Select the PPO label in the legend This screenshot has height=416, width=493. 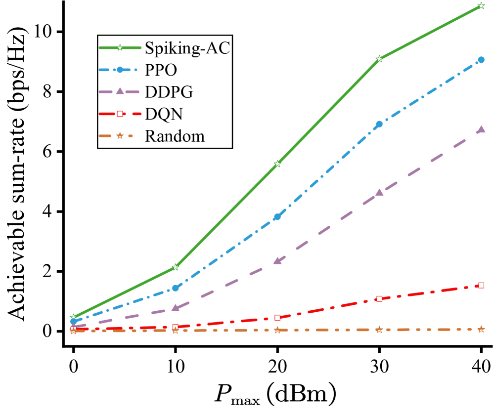pyautogui.click(x=161, y=70)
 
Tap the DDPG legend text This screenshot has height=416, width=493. pyautogui.click(x=169, y=92)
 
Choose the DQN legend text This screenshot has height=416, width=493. pyautogui.click(x=164, y=114)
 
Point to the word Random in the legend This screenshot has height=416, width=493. pyautogui.click(x=175, y=136)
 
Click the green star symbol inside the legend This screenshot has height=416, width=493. pyautogui.click(x=119, y=48)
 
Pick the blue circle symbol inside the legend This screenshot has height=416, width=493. pyautogui.click(x=119, y=70)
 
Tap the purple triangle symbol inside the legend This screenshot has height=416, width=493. pyautogui.click(x=119, y=91)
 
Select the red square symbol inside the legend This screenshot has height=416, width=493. pyautogui.click(x=119, y=114)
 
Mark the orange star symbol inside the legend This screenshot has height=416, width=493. pyautogui.click(x=119, y=135)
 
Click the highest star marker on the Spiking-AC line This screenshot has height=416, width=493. pyautogui.click(x=481, y=6)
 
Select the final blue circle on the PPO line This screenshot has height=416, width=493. pyautogui.click(x=481, y=60)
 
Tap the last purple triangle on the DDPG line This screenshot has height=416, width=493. pyautogui.click(x=481, y=129)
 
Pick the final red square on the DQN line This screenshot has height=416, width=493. pyautogui.click(x=481, y=286)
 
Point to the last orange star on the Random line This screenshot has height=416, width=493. pyautogui.click(x=481, y=329)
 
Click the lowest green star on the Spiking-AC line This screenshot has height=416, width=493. pyautogui.click(x=73, y=317)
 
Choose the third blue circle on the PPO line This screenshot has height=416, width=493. pyautogui.click(x=277, y=216)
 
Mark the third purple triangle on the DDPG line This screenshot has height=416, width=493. pyautogui.click(x=277, y=260)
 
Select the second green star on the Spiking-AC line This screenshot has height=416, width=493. pyautogui.click(x=175, y=267)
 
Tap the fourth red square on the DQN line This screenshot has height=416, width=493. pyautogui.click(x=379, y=298)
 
